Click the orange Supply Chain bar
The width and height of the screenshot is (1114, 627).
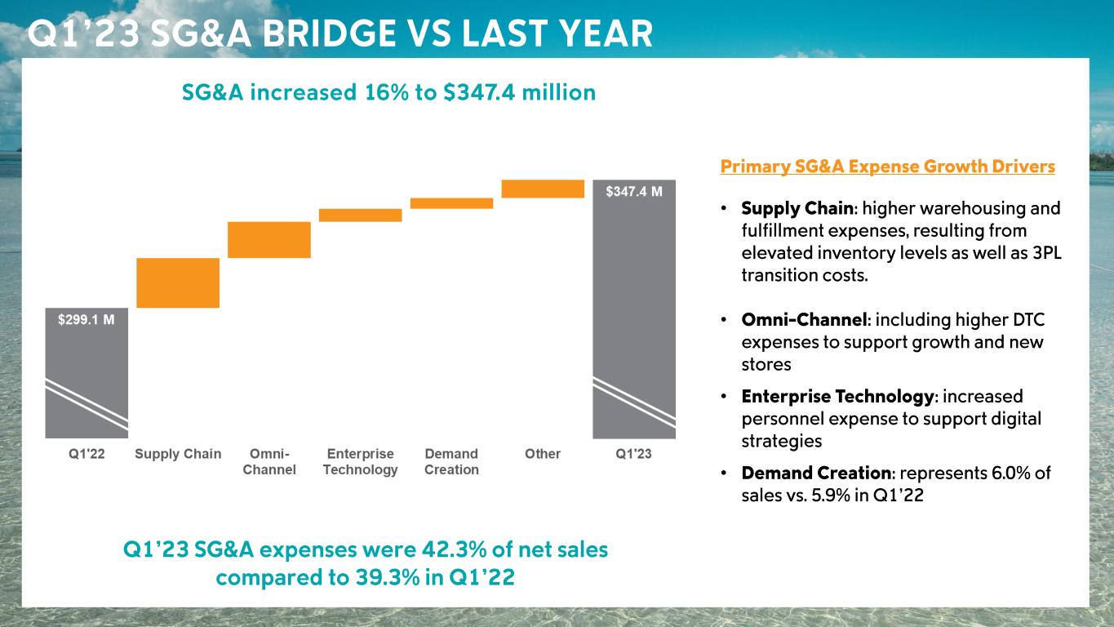pos(178,282)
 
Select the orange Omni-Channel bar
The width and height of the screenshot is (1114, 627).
pos(269,239)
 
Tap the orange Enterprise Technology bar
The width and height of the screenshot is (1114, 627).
pos(360,215)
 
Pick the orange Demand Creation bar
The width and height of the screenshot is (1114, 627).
pos(451,203)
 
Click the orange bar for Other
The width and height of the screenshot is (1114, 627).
pos(543,189)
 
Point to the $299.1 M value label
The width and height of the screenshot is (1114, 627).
pos(86,320)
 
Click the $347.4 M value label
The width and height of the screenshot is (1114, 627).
pos(634,191)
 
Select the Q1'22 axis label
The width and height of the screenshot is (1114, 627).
pos(86,454)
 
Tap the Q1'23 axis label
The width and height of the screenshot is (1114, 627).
pos(633,454)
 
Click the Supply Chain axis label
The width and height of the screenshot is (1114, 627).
pos(178,454)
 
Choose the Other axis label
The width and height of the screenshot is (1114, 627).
pos(543,454)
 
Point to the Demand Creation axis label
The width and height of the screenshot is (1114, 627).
pos(451,461)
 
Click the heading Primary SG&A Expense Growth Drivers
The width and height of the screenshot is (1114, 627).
pos(887,167)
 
